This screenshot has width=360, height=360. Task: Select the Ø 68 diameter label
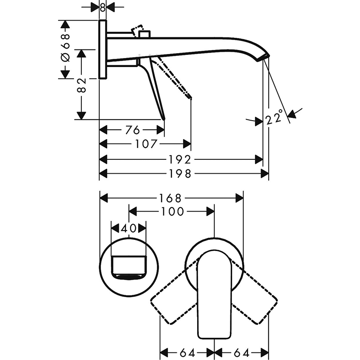(x=65, y=48)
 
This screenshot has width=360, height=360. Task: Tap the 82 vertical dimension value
(x=81, y=85)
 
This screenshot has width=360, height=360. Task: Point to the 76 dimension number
(x=132, y=130)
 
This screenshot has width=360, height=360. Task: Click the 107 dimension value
(x=146, y=144)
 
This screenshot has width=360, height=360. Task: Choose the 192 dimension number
(x=180, y=160)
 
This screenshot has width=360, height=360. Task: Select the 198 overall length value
(x=180, y=174)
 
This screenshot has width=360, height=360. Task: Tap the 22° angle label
(x=274, y=117)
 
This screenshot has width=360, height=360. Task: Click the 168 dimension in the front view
(x=170, y=198)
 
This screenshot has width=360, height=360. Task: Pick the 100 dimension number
(x=173, y=211)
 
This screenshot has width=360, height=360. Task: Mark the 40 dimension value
(x=129, y=228)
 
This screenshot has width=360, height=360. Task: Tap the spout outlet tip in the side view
(x=263, y=58)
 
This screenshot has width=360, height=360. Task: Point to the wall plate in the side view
(x=103, y=49)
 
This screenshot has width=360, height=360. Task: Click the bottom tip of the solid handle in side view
(x=164, y=119)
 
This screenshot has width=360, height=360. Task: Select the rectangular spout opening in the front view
(x=129, y=268)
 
